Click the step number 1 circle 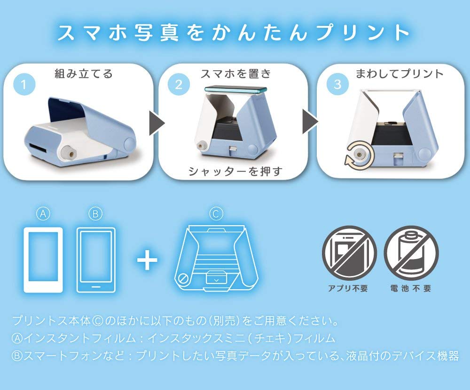pyautogui.click(x=24, y=85)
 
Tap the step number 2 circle pyautogui.click(x=179, y=84)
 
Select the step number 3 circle pyautogui.click(x=337, y=84)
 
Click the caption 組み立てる pyautogui.click(x=84, y=73)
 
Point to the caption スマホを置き pyautogui.click(x=235, y=73)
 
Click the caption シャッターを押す pyautogui.click(x=235, y=171)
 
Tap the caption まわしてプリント pyautogui.click(x=399, y=73)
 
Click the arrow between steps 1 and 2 pyautogui.click(x=157, y=123)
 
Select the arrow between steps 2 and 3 pyautogui.click(x=310, y=122)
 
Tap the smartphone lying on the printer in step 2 pyautogui.click(x=235, y=89)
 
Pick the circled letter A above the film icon pyautogui.click(x=43, y=214)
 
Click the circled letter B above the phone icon pyautogui.click(x=95, y=214)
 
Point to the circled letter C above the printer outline pyautogui.click(x=216, y=214)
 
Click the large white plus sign pyautogui.click(x=147, y=260)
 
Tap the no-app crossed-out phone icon pyautogui.click(x=349, y=253)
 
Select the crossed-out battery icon pyautogui.click(x=411, y=253)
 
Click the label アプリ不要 pyautogui.click(x=348, y=288)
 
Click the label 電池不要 pyautogui.click(x=411, y=288)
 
